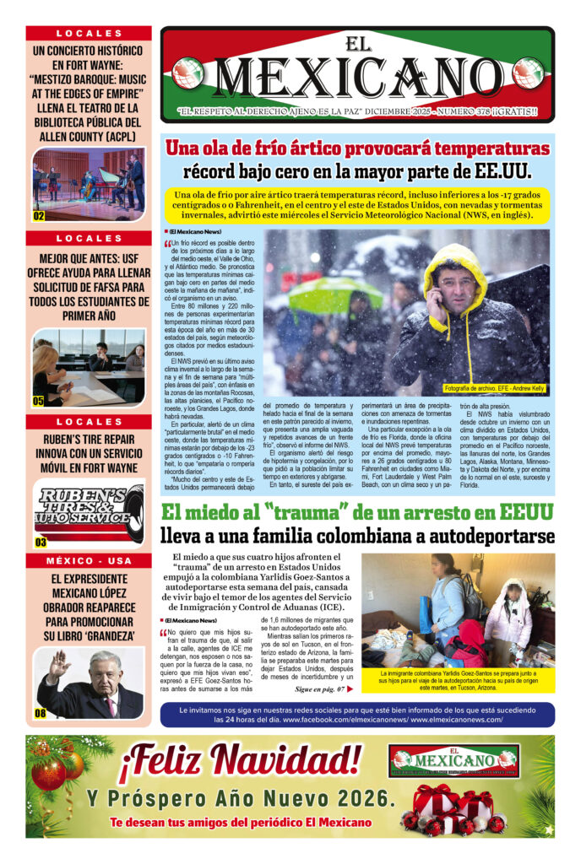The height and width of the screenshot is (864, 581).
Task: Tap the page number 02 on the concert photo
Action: click(39, 216)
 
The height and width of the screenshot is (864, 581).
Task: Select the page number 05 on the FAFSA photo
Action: click(39, 401)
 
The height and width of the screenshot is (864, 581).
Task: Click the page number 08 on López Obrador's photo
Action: click(40, 714)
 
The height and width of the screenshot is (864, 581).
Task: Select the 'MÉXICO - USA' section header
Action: click(89, 561)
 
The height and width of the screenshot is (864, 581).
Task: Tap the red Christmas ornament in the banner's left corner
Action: click(49, 773)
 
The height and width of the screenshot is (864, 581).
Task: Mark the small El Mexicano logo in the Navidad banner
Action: click(454, 759)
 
